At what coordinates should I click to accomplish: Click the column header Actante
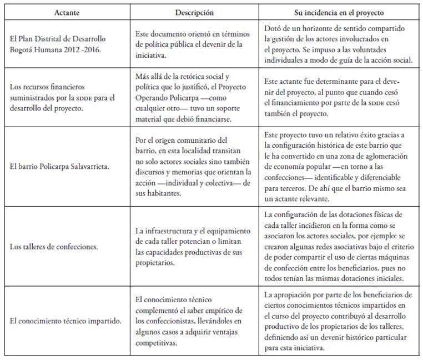pyautogui.click(x=66, y=12)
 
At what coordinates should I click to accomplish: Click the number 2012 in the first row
pyautogui.click(x=81, y=49)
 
